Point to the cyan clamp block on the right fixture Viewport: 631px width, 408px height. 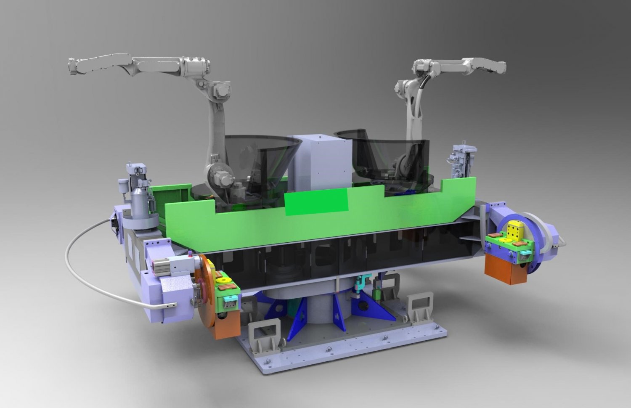click(526, 255)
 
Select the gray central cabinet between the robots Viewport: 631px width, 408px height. click(322, 164)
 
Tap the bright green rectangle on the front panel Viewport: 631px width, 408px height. click(317, 202)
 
